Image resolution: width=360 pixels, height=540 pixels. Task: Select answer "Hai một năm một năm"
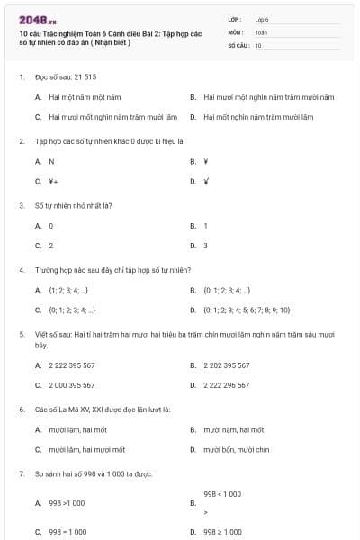[x=85, y=96]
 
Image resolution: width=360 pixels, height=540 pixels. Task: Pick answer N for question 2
[x=51, y=161]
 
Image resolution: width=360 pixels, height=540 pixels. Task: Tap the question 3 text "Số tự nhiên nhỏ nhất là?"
[x=73, y=205]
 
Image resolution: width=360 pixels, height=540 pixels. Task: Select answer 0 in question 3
[x=51, y=226]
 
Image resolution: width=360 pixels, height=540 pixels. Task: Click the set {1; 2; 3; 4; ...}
[x=67, y=291]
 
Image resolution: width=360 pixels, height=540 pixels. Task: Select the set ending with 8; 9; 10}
[x=247, y=310]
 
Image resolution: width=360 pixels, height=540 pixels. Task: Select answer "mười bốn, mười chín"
[x=237, y=449]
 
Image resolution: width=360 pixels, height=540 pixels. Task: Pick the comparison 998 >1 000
[x=67, y=504]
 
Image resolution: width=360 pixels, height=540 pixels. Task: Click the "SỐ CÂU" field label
[x=238, y=44]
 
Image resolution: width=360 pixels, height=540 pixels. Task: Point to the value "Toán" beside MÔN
[x=261, y=31]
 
